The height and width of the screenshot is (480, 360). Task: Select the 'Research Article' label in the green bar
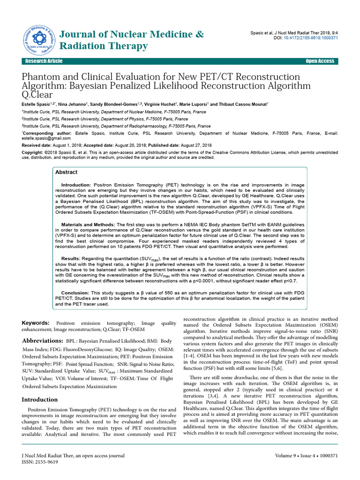tap(44, 61)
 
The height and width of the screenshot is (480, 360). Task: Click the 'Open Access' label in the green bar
tap(320, 61)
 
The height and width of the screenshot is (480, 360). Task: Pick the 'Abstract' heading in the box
tap(67, 172)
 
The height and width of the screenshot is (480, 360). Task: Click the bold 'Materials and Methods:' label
tap(89, 225)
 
